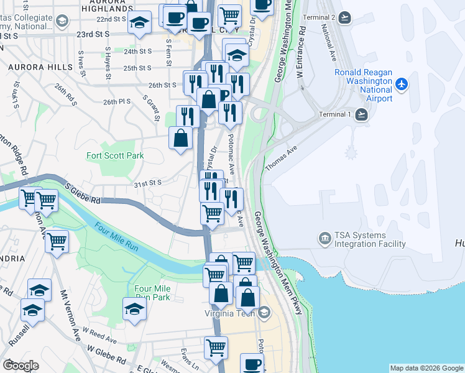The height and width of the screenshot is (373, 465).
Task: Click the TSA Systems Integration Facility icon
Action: pos(325,239)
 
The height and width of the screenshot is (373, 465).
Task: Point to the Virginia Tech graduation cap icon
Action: pos(265,313)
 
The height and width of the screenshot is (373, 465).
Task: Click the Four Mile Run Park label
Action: pos(152,293)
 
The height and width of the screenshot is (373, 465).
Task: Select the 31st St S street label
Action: pos(147,183)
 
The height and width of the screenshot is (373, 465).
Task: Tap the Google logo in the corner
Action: pos(21,366)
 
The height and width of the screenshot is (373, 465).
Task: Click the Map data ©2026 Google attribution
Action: pos(426,368)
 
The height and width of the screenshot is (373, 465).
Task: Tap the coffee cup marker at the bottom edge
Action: pos(252,364)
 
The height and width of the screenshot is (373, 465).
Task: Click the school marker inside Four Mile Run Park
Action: pos(134,309)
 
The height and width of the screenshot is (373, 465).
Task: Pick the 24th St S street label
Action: pos(137,52)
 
